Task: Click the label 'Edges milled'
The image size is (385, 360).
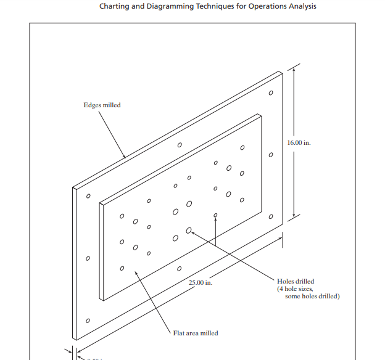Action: click(102, 105)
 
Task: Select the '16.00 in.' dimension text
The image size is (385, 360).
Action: click(299, 142)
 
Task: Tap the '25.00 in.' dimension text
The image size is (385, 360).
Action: click(200, 282)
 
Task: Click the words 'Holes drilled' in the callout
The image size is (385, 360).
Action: click(296, 282)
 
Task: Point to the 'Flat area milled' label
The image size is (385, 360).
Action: click(196, 333)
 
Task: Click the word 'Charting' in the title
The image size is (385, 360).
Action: click(117, 7)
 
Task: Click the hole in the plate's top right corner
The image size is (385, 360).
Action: click(270, 93)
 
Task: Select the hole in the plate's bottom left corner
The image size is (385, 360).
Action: click(88, 321)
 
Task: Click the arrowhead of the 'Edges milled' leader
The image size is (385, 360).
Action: click(124, 156)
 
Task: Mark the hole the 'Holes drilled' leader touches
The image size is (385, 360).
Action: click(189, 231)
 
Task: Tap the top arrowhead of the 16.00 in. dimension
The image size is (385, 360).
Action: click(294, 69)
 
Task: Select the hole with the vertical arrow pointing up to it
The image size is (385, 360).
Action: click(215, 215)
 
